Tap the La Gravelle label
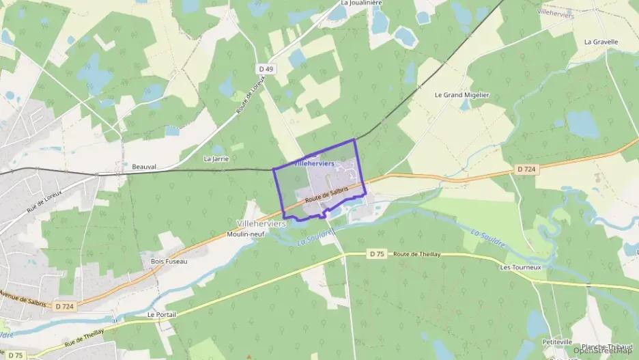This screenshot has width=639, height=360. (x=601, y=42)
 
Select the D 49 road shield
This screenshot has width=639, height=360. (x=266, y=69)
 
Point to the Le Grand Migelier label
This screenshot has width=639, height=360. (x=462, y=95)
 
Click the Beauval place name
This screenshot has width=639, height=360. (x=144, y=166)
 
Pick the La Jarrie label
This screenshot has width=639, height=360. (x=216, y=158)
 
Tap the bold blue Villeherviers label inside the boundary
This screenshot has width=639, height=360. (x=313, y=164)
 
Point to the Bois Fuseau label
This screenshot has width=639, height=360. (x=164, y=261)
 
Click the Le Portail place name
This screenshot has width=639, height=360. (x=162, y=314)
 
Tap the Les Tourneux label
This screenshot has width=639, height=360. (x=520, y=267)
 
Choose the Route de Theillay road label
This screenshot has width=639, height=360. (x=416, y=254)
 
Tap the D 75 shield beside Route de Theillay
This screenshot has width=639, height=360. (x=377, y=254)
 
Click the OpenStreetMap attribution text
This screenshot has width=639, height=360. (x=603, y=350)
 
